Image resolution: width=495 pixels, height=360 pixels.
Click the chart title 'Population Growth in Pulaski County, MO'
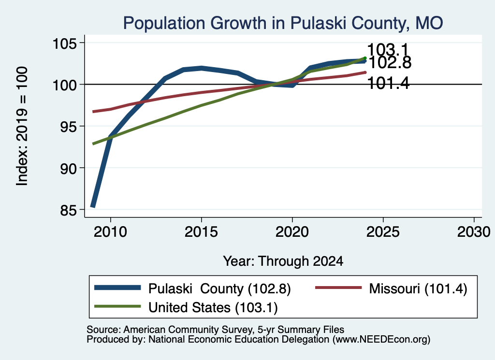point(283,23)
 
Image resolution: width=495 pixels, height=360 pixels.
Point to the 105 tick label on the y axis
point(64,43)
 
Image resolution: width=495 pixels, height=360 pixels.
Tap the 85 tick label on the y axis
point(68,210)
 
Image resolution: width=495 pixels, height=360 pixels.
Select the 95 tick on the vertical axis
point(68,127)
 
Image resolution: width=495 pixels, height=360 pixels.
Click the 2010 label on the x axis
point(110,232)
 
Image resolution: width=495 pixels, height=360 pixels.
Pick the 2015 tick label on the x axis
point(201,232)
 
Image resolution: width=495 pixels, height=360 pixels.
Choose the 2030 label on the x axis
point(474,232)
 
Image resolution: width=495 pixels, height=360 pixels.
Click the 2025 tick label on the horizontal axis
point(383,232)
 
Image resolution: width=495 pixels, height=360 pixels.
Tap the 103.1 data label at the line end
point(388,50)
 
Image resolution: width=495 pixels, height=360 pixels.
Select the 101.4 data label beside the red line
point(389,84)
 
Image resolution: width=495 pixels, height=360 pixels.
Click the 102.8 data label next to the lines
point(390,62)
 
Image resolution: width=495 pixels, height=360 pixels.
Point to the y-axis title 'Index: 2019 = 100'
point(22,126)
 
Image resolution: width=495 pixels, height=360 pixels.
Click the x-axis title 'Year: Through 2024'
point(283,261)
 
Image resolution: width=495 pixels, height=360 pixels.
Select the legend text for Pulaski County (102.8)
point(219,288)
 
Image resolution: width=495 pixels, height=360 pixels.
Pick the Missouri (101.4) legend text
point(418,288)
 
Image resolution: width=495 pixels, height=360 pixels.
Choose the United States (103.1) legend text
point(213,307)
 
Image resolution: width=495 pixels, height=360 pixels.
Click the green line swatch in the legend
point(117,306)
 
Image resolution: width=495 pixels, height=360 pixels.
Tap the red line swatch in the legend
point(338,288)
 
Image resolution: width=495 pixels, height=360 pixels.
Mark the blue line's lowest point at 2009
point(93,207)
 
